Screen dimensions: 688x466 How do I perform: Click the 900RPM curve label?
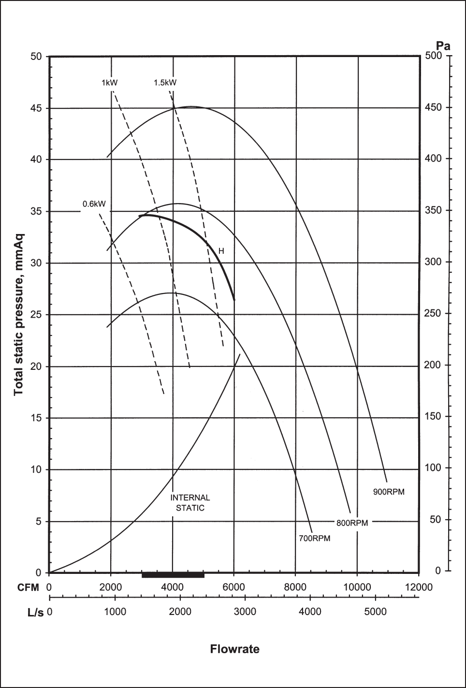point(388,492)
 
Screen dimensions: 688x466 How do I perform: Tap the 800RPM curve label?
point(352,523)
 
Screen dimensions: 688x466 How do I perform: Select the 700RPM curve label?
point(314,538)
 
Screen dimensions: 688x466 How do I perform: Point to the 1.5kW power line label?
point(165,82)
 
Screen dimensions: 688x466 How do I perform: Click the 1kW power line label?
point(109,82)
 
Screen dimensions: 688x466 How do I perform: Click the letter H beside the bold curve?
point(221,251)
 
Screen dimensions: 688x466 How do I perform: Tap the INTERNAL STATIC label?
point(190,502)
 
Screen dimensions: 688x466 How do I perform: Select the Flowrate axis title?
point(234,649)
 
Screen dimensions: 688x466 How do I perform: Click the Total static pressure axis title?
point(18,314)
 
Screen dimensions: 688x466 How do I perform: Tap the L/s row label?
point(35,612)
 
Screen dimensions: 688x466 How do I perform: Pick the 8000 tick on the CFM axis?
point(295,587)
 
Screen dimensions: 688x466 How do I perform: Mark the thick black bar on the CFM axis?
point(173,574)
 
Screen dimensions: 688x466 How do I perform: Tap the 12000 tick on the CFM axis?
point(418,587)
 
